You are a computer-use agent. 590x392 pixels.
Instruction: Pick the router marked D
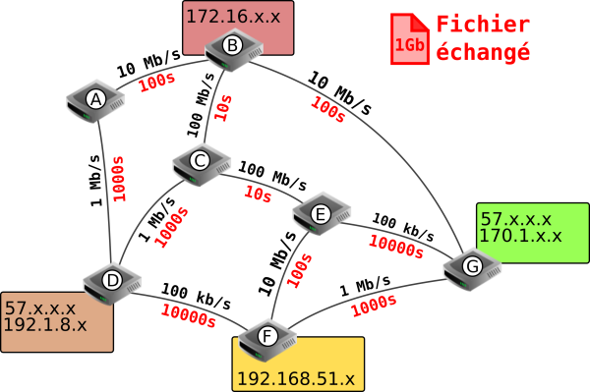click(x=112, y=283)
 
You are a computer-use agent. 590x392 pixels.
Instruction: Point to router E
click(x=322, y=214)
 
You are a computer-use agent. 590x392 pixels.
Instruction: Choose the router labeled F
click(x=267, y=340)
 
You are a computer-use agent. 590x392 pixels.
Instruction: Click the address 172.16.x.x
click(x=233, y=17)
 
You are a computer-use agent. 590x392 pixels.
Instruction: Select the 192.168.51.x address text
click(x=296, y=378)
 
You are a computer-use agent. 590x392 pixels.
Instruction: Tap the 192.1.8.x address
click(x=45, y=324)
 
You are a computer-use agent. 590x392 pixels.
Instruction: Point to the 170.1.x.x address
click(x=520, y=235)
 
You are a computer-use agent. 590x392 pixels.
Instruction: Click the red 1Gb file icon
click(x=409, y=38)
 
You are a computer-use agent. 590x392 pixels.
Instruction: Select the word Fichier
click(x=483, y=25)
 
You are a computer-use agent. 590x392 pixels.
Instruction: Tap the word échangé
click(x=483, y=51)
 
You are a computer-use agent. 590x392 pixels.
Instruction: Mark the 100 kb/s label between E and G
click(x=403, y=227)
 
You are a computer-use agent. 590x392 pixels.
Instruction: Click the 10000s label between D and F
click(x=189, y=316)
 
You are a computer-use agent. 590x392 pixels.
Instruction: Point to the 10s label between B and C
click(x=223, y=107)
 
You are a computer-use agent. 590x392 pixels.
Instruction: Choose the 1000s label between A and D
click(x=118, y=179)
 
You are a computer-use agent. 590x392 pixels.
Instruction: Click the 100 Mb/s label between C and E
click(x=272, y=175)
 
